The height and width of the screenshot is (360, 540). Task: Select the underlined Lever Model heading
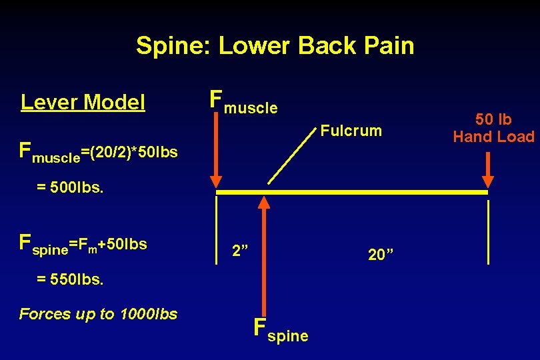coord(83,102)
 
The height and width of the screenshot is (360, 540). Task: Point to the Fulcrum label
coord(351,131)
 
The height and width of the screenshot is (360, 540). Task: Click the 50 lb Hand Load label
coord(493,129)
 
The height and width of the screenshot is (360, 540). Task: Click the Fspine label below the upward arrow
coord(281,331)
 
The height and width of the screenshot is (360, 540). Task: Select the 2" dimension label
coord(240,251)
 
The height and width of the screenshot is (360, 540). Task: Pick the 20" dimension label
coord(381,254)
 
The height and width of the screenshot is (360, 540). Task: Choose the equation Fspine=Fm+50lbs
coord(83,244)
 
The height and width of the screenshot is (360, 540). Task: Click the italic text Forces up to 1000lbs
coord(99,314)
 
